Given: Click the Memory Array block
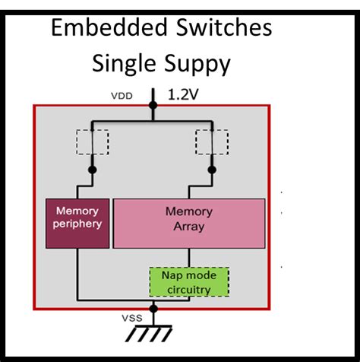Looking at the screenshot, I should pyautogui.click(x=189, y=223).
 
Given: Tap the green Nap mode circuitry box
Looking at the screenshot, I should pyautogui.click(x=188, y=281).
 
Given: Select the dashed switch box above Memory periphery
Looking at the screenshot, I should pyautogui.click(x=92, y=141).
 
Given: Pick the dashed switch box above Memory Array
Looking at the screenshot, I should pyautogui.click(x=212, y=141).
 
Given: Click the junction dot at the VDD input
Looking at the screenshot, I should pyautogui.click(x=153, y=106).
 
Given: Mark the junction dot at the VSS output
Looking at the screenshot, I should pyautogui.click(x=153, y=309).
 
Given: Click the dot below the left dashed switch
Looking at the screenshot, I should pyautogui.click(x=92, y=170).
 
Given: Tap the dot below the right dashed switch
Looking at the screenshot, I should pyautogui.click(x=212, y=170).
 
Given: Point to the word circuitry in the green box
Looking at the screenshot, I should pyautogui.click(x=188, y=288).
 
